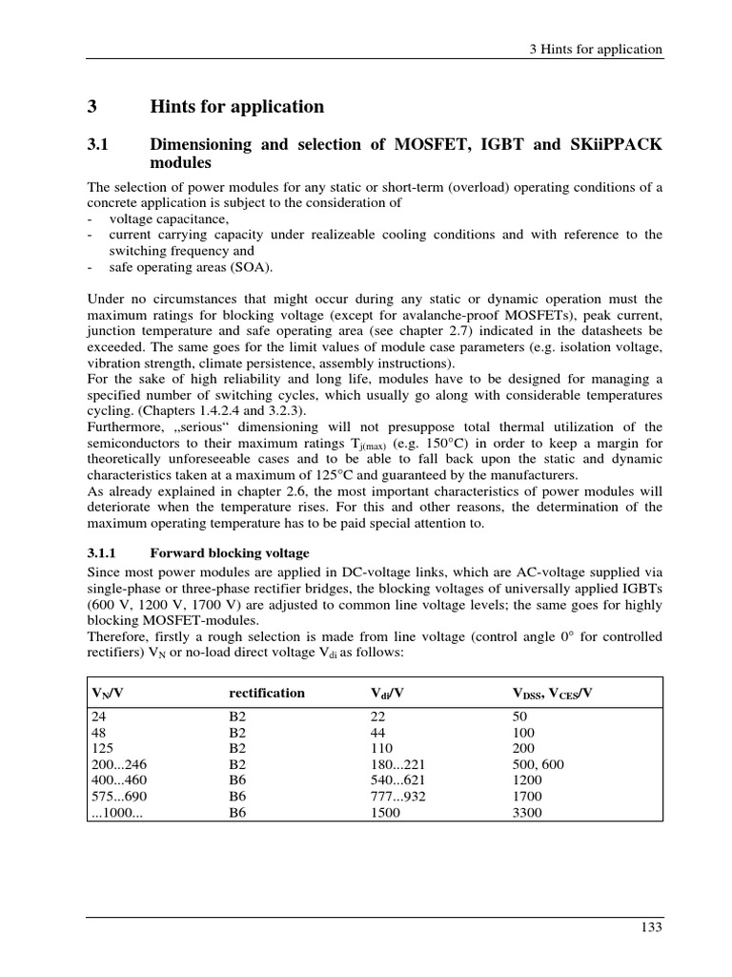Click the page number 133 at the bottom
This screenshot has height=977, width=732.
(651, 926)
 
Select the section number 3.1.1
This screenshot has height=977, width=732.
(104, 552)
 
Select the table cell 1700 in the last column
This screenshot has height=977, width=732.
(527, 796)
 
